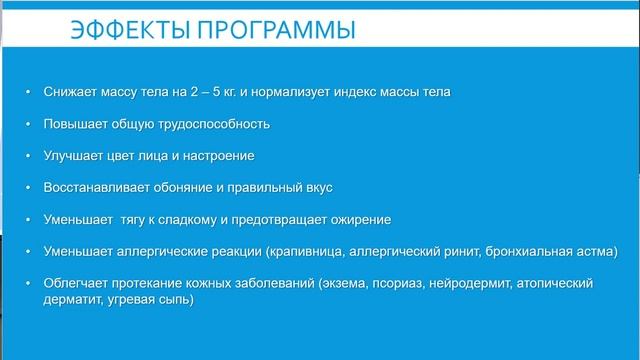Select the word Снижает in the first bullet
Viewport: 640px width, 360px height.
(71, 93)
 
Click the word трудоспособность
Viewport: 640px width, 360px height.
(213, 125)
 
